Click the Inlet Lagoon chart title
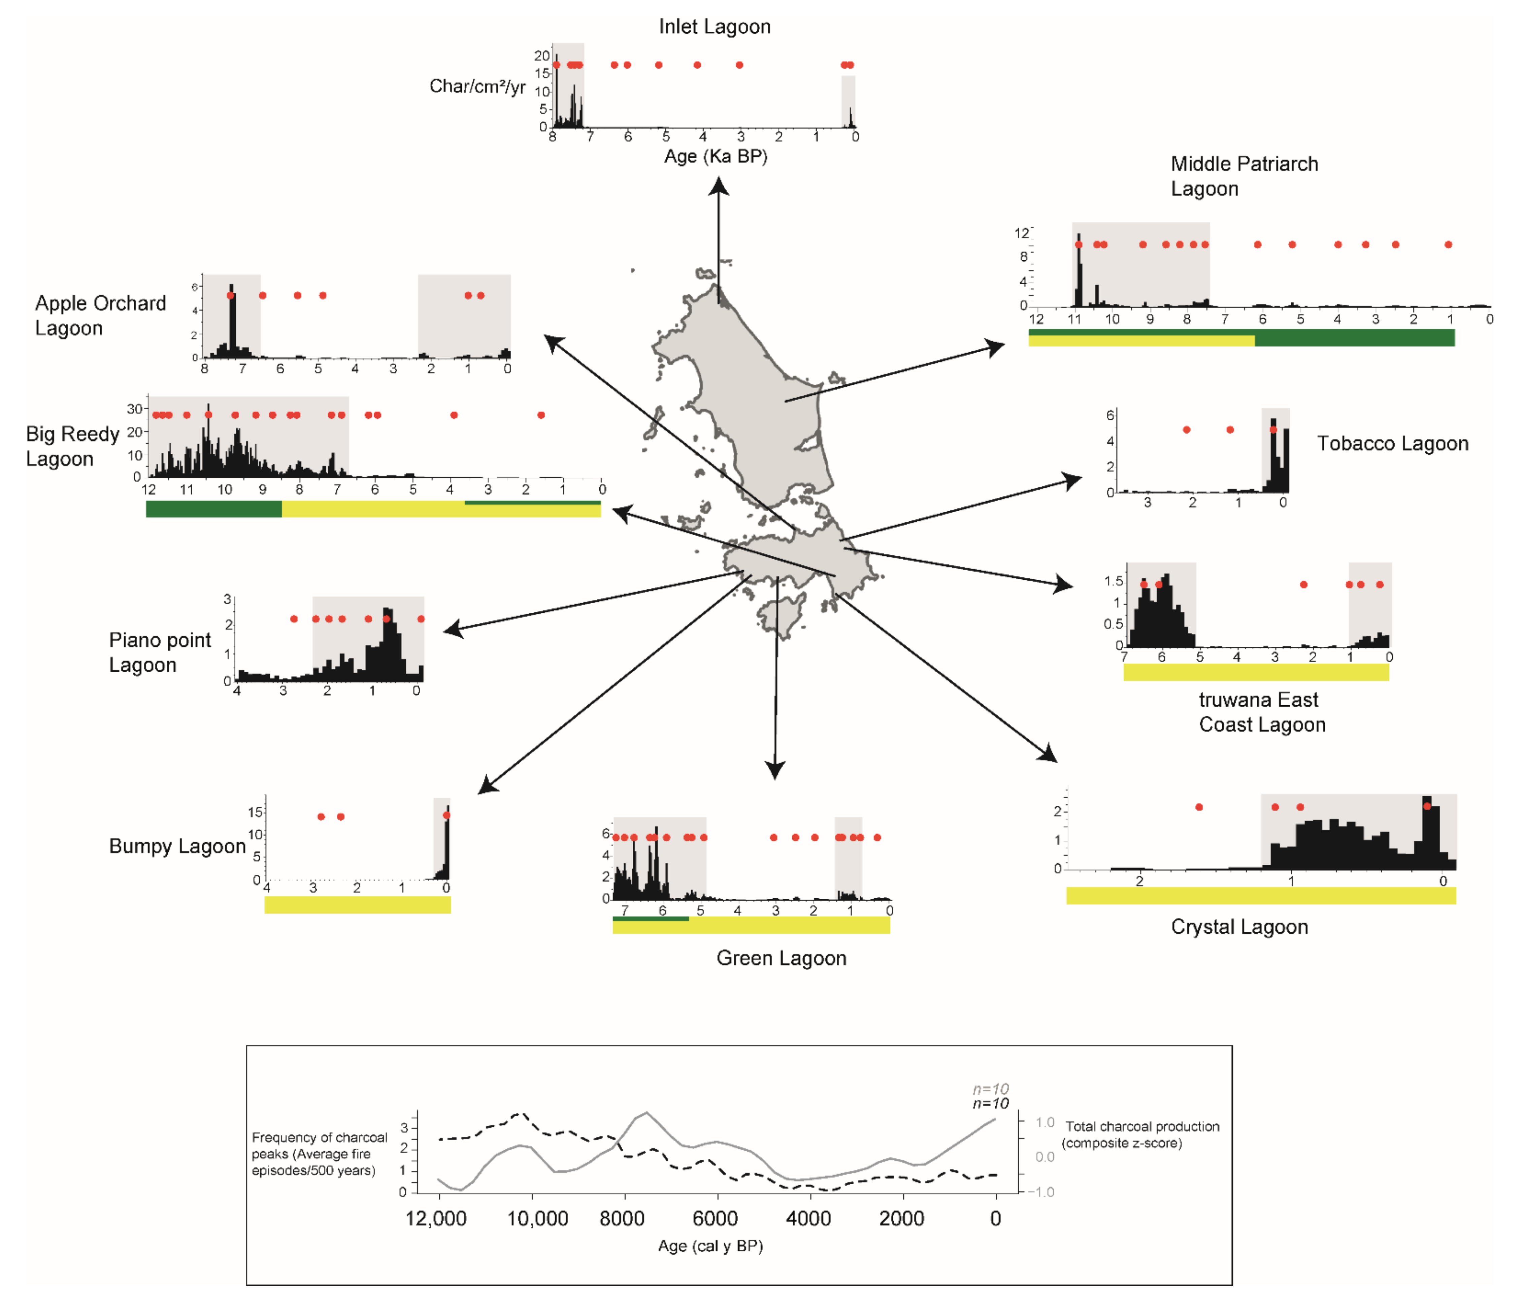coord(714,27)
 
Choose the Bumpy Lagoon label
coord(177,846)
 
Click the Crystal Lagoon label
coord(1239,927)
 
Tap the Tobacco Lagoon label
coord(1392,444)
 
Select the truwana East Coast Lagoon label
coord(1261,712)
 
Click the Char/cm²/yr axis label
coord(477,87)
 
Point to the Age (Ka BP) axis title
coord(716,157)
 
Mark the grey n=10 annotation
coord(990,1089)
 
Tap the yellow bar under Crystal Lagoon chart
coord(1260,896)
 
